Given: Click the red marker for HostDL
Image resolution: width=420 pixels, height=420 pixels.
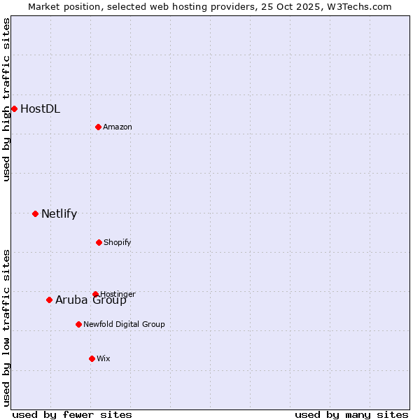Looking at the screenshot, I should click(x=14, y=108).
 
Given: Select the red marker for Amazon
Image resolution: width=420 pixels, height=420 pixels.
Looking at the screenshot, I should click(x=98, y=127).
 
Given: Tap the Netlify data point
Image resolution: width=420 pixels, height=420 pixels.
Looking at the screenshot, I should click(x=35, y=213).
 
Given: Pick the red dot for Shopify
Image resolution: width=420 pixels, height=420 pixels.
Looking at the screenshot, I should click(x=99, y=242).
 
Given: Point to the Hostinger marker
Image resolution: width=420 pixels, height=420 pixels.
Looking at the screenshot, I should click(x=95, y=294).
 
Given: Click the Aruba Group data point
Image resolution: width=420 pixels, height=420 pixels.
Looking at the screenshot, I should click(x=49, y=300).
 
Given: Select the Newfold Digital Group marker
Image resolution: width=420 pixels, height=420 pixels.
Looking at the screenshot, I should click(x=78, y=324).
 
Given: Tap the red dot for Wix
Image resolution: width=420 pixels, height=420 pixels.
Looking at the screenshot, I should click(x=92, y=358).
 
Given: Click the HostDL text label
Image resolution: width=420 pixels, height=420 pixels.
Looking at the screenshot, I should click(x=40, y=108).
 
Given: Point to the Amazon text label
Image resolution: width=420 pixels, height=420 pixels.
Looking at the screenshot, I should click(x=117, y=127).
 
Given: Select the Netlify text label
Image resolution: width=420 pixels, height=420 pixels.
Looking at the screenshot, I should click(x=59, y=213).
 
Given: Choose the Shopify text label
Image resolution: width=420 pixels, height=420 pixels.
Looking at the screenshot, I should click(x=117, y=242).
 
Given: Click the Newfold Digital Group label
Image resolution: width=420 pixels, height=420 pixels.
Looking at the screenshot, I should click(x=124, y=324).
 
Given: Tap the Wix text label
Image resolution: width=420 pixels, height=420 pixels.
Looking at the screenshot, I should click(x=103, y=358).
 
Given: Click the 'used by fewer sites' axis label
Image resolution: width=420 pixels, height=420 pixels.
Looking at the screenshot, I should click(x=72, y=414).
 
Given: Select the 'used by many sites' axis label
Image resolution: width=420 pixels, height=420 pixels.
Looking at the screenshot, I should click(x=351, y=414).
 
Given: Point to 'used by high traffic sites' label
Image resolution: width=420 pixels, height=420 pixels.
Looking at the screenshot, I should click(x=6, y=99).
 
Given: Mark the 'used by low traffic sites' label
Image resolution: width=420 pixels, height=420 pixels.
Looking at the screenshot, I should click(x=6, y=328).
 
